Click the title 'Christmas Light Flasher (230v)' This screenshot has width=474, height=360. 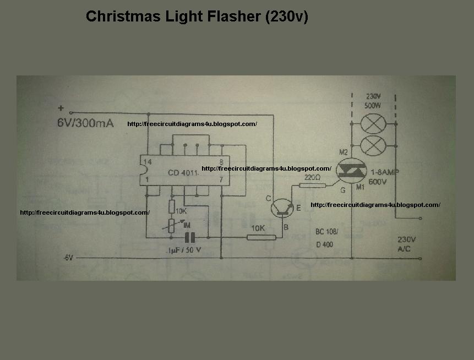pos(197,17)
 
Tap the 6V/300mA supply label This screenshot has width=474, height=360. pos(85,123)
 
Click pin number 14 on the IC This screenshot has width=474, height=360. pos(146,162)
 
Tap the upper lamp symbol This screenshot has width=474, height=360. pos(375,124)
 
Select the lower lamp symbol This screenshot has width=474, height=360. pos(375,146)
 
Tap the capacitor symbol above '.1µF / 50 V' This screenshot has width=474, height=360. pos(190,237)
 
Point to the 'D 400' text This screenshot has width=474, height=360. pos(324,244)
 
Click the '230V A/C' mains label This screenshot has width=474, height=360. pos(406,244)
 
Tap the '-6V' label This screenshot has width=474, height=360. pos(67,258)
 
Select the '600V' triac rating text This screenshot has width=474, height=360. pos(378,182)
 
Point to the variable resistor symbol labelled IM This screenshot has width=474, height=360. pos(172,225)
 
